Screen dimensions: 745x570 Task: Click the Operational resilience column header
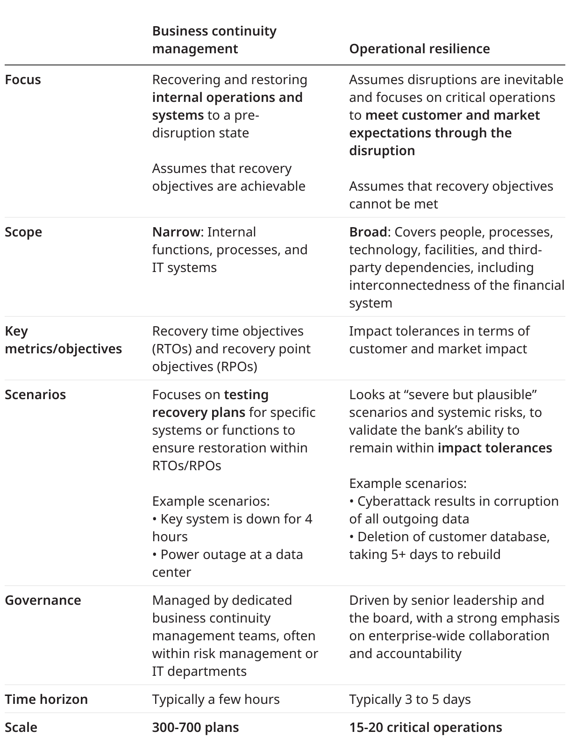tap(419, 49)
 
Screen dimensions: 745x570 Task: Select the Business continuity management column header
tap(214, 40)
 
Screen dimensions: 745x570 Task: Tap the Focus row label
tap(23, 79)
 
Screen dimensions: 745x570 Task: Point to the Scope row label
tap(23, 232)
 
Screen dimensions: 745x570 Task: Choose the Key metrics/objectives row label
tap(63, 340)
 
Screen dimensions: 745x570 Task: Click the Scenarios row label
tap(35, 394)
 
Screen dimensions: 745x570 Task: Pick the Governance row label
tap(43, 600)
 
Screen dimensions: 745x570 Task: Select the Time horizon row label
tap(46, 699)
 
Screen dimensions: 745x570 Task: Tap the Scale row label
tap(21, 727)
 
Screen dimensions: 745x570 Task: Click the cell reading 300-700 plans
tap(195, 727)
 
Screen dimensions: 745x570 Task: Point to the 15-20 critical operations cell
tap(425, 727)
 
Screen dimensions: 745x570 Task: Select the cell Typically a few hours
tap(216, 699)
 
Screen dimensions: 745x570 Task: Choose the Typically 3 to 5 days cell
tap(410, 699)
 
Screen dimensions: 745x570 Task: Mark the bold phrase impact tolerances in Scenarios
tap(495, 448)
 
